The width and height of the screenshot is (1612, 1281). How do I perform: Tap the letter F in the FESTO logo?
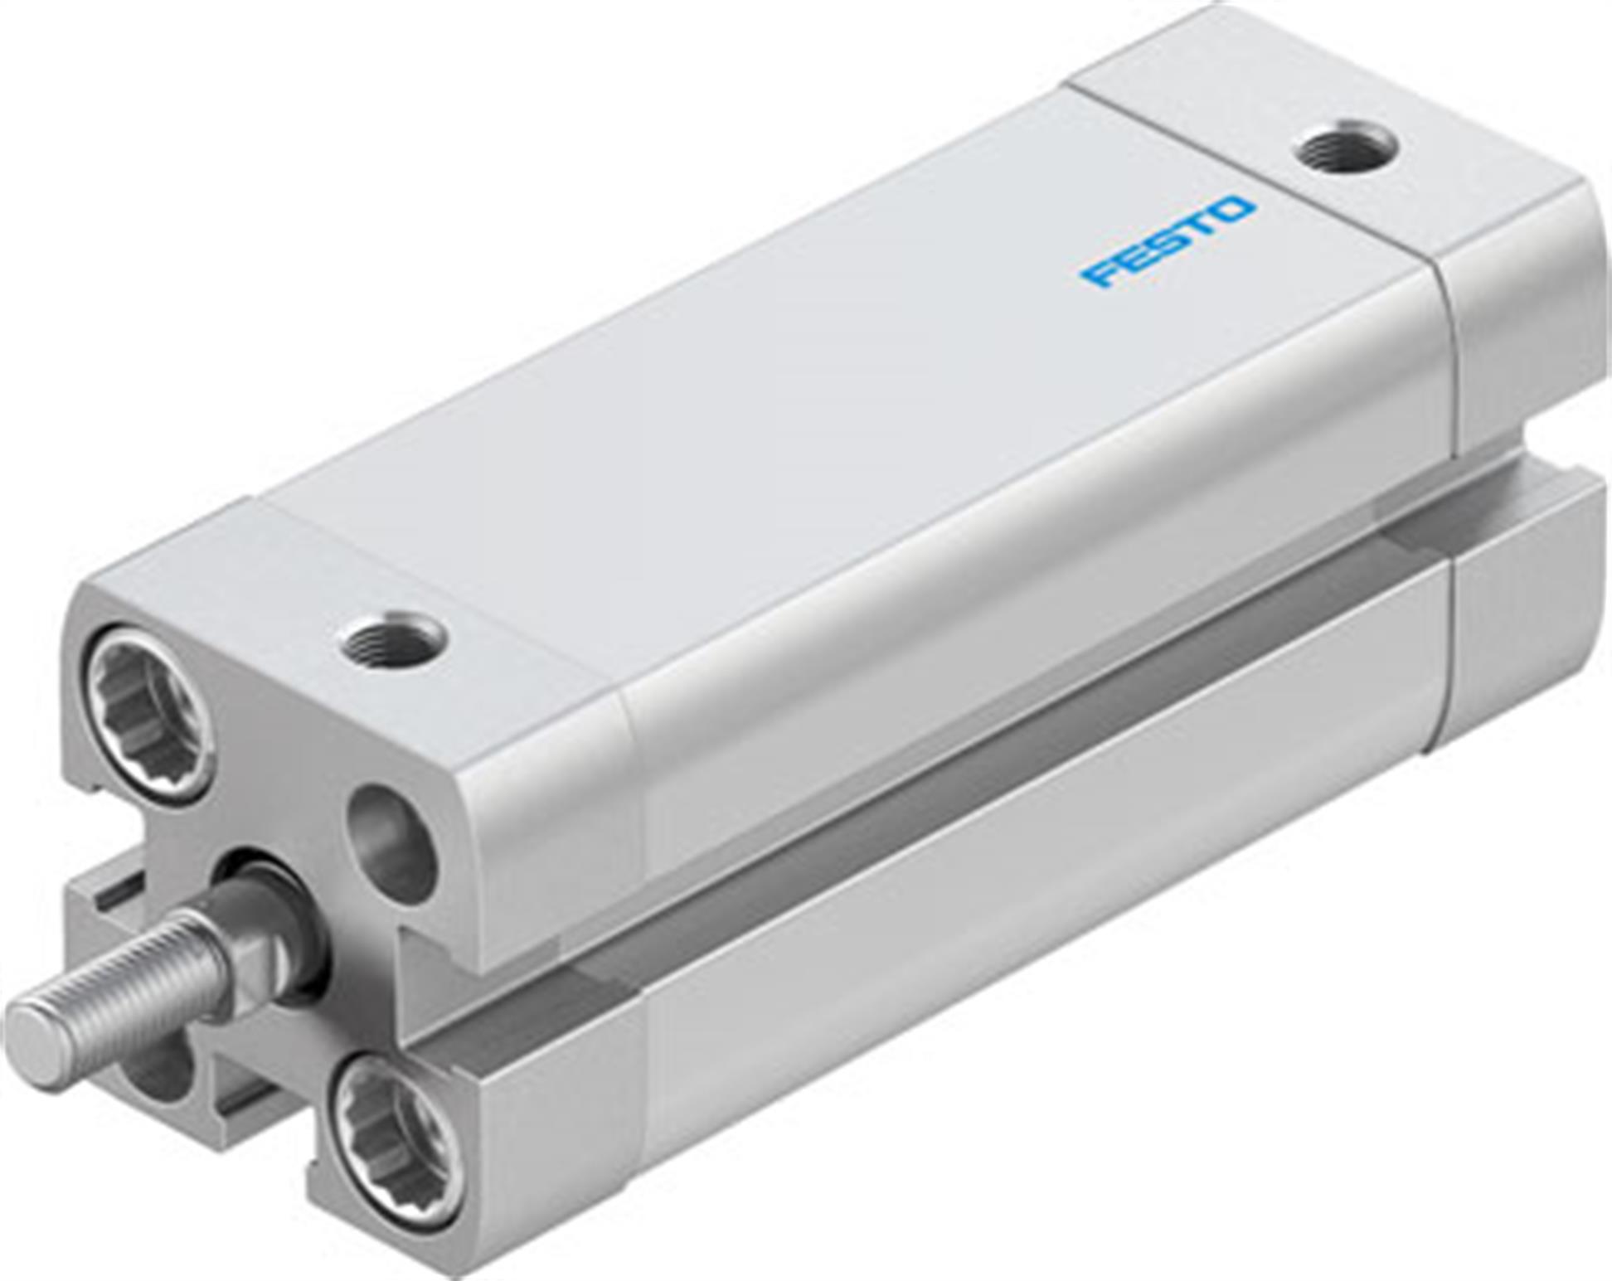[1100, 274]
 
